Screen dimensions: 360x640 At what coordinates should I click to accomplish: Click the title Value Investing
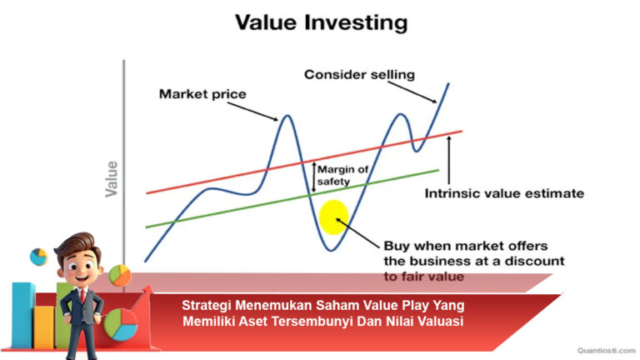[321, 22]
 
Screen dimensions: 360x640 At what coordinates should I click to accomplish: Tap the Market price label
[202, 94]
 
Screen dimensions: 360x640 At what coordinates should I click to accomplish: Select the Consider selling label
[358, 75]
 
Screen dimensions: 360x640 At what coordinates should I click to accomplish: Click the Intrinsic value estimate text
[504, 193]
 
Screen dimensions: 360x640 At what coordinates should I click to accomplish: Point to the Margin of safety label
[345, 173]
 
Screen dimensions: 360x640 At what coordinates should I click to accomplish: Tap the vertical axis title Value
[111, 178]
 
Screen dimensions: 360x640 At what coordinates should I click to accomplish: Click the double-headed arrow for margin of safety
[314, 175]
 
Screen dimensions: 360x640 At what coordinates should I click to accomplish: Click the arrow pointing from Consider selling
[423, 94]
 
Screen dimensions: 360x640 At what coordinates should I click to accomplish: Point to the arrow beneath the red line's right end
[449, 158]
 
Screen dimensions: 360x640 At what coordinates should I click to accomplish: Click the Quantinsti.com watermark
[597, 351]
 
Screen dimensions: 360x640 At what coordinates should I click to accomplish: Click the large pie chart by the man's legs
[121, 323]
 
